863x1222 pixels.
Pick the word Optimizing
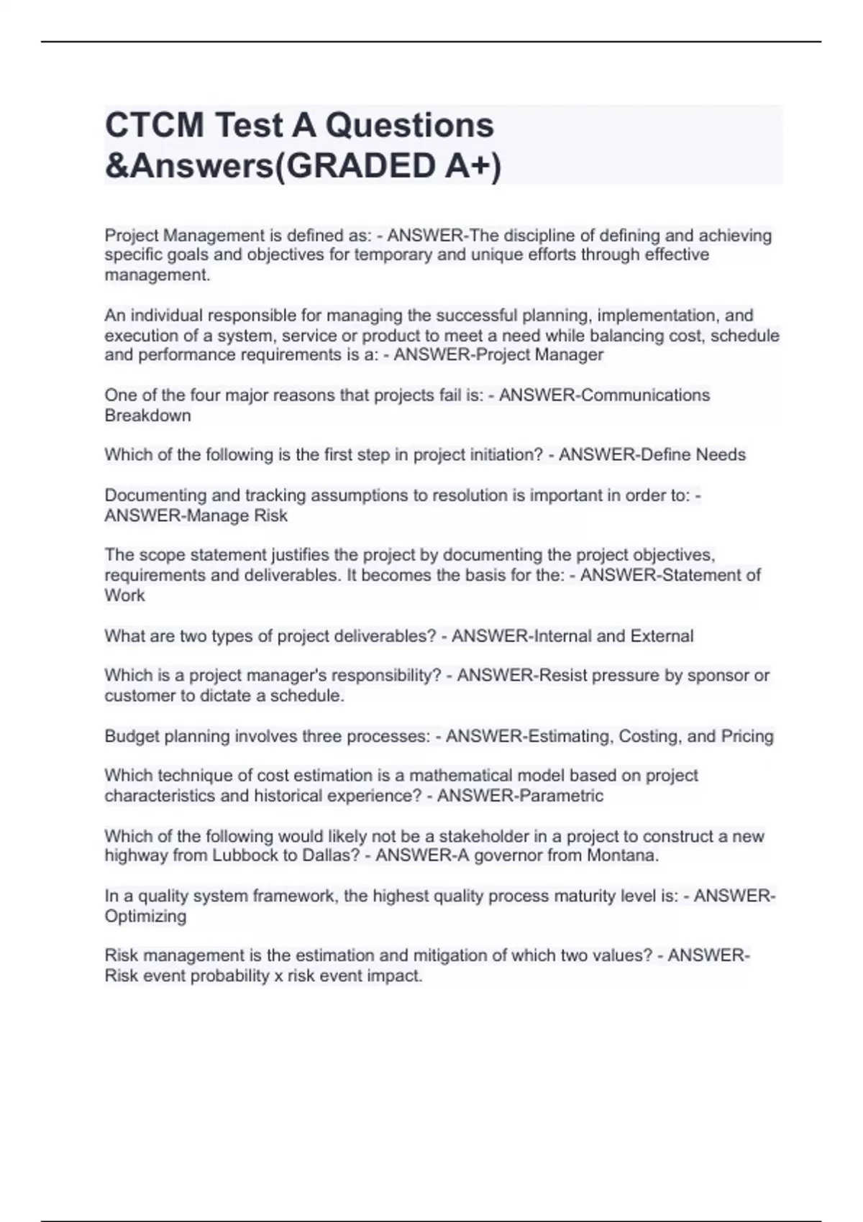[x=145, y=916]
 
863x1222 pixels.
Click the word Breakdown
[x=147, y=415]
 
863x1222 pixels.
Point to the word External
[x=662, y=636]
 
